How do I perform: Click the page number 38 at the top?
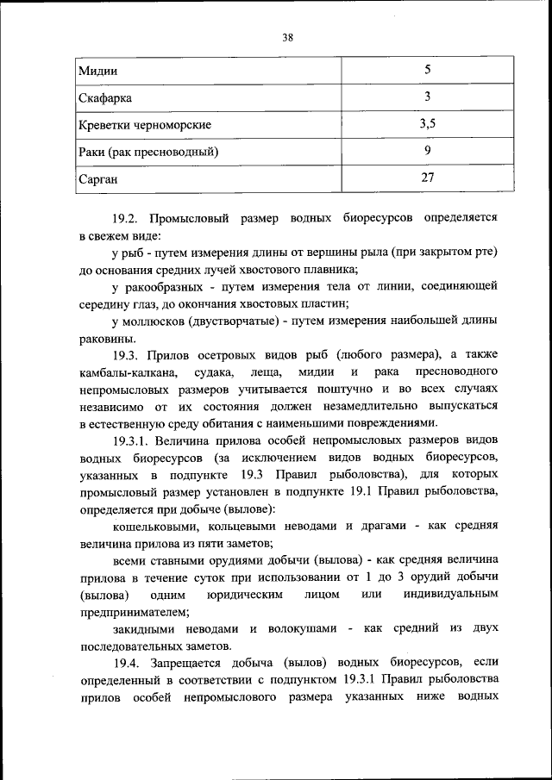pyautogui.click(x=288, y=37)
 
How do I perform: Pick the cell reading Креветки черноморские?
pyautogui.click(x=145, y=125)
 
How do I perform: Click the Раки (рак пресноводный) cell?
pyautogui.click(x=148, y=153)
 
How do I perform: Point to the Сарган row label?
pyautogui.click(x=97, y=180)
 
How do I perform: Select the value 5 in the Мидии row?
pyautogui.click(x=427, y=69)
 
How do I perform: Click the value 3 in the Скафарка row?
pyautogui.click(x=427, y=97)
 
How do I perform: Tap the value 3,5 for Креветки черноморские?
pyautogui.click(x=427, y=124)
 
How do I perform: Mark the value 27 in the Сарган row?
pyautogui.click(x=427, y=179)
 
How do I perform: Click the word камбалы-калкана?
pyautogui.click(x=129, y=371)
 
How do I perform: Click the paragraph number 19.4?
pyautogui.click(x=129, y=663)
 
